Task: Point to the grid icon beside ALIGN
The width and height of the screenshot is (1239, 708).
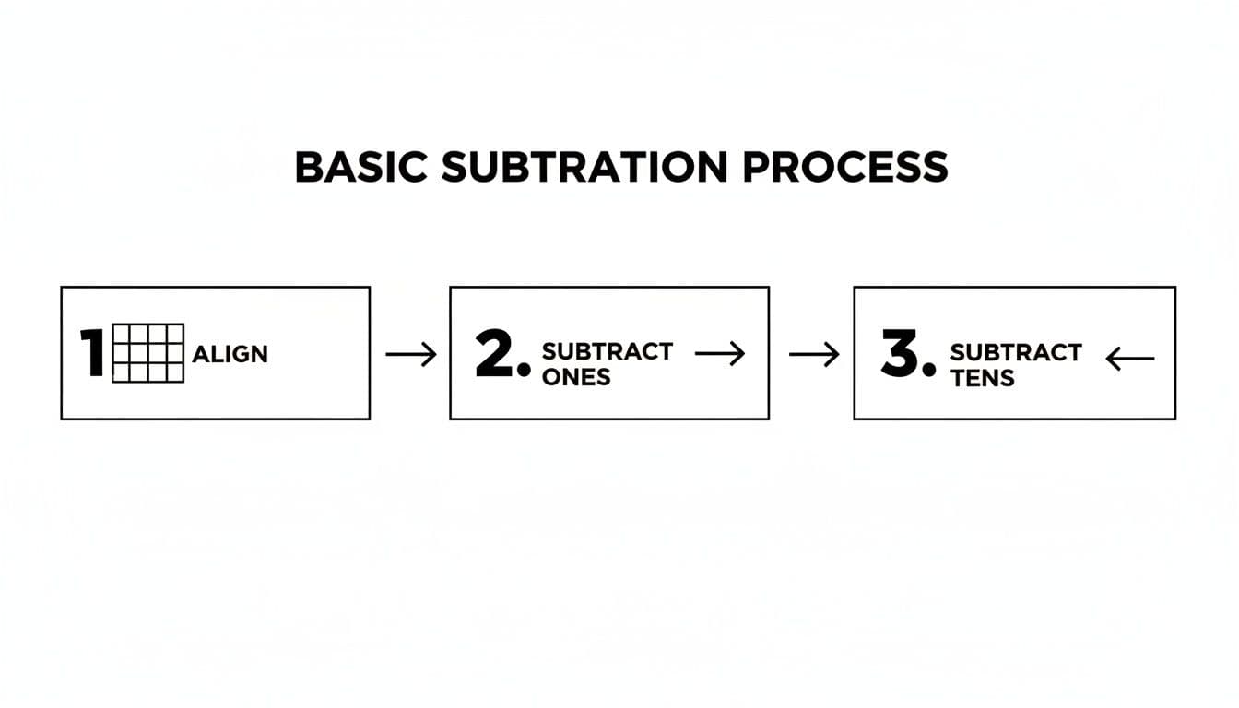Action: pos(147,353)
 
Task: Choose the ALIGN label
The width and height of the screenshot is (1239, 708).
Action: pos(230,354)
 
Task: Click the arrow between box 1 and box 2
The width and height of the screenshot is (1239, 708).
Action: pos(410,354)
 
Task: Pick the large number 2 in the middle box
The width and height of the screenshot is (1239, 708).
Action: pos(496,354)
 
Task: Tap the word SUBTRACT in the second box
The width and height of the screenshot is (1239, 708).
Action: pos(607,351)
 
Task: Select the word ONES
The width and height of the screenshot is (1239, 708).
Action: pos(575,376)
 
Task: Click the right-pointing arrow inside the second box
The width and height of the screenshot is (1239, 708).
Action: pos(719,352)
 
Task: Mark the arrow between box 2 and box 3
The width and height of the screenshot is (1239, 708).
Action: pos(815,354)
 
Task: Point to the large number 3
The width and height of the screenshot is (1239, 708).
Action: pos(901,355)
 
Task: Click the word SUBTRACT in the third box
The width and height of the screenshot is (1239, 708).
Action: pos(1015,352)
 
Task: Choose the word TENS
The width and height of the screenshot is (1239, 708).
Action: pos(982,377)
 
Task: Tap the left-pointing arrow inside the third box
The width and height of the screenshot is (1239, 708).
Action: pos(1129,358)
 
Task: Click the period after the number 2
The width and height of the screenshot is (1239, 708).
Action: pos(525,372)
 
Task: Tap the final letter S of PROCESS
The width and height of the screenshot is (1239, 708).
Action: pos(936,167)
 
